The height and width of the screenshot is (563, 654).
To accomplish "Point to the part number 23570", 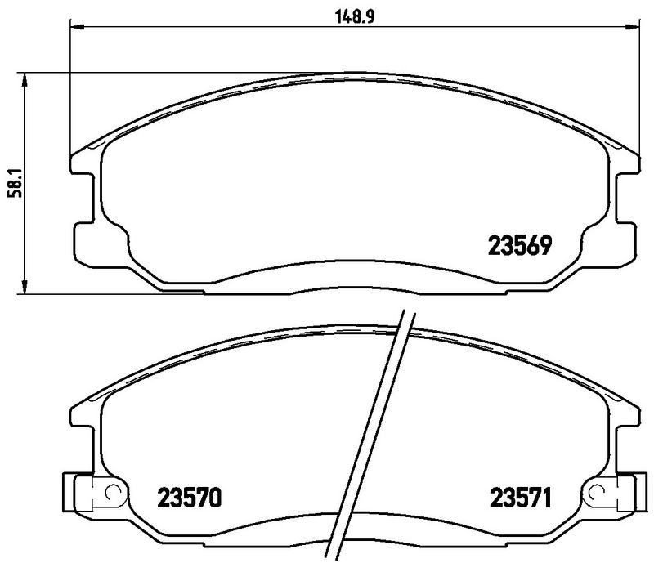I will [189, 496].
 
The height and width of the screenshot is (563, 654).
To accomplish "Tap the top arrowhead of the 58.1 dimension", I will [26, 78].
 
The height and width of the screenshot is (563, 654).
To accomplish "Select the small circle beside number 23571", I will [594, 494].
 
